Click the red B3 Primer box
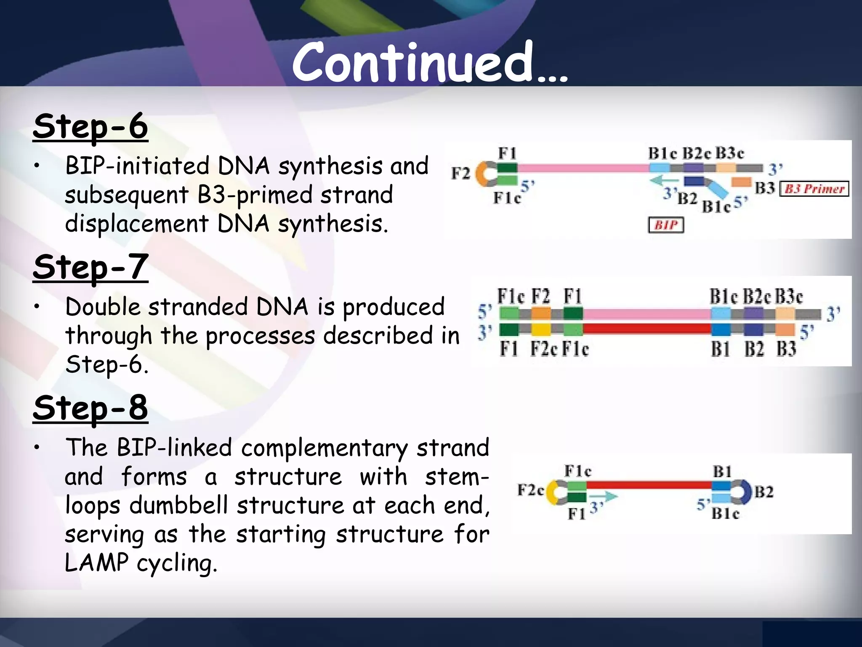point(814,189)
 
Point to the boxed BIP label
point(665,225)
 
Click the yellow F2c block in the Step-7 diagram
point(540,329)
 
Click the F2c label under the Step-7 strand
point(544,349)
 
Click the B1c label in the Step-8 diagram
point(725,513)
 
